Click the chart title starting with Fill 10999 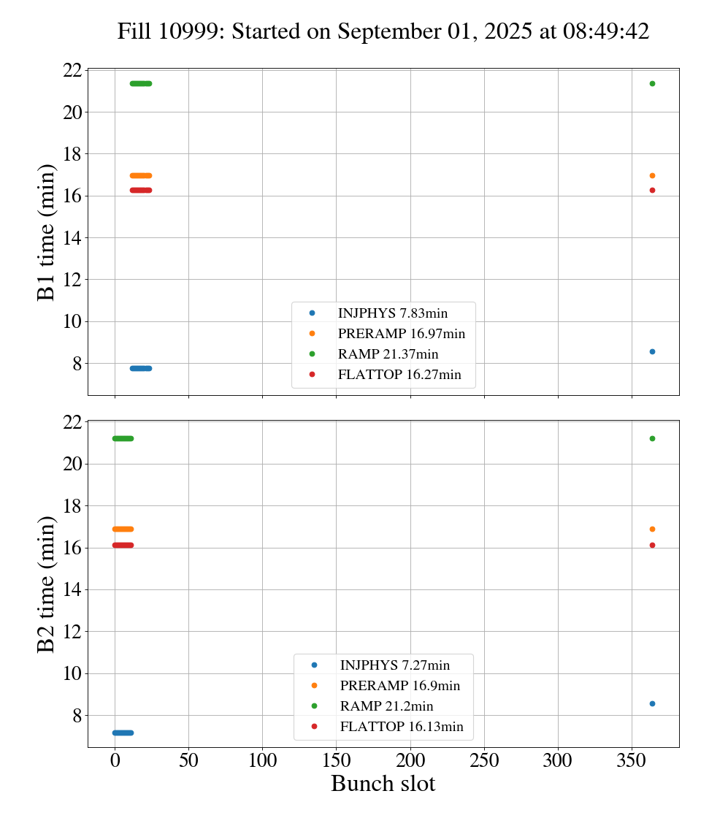[x=383, y=31]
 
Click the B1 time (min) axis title [x=47, y=232]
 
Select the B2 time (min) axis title [x=47, y=584]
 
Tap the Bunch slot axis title [x=383, y=784]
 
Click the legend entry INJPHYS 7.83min [x=392, y=313]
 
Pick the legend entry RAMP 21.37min [x=388, y=354]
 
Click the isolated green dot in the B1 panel [x=652, y=83]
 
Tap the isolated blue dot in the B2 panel [x=652, y=703]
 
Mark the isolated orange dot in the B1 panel [x=652, y=175]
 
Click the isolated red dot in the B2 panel [x=652, y=545]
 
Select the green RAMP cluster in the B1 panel [x=141, y=83]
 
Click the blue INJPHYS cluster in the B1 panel [x=141, y=368]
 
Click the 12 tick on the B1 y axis [x=72, y=280]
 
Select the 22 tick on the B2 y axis [x=72, y=422]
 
